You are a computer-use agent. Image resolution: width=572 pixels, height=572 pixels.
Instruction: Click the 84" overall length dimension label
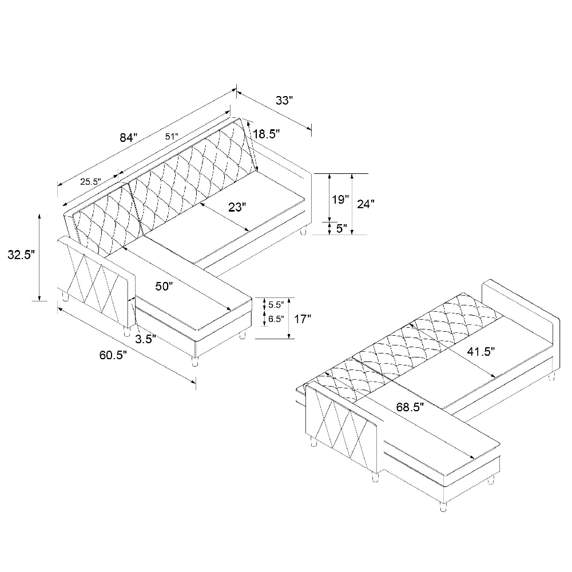pyautogui.click(x=129, y=138)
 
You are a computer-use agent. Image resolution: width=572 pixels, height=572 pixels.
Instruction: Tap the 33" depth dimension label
pyautogui.click(x=284, y=100)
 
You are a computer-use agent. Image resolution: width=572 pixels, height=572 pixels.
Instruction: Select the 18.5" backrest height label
pyautogui.click(x=267, y=134)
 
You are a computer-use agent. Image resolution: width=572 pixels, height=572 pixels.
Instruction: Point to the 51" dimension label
pyautogui.click(x=172, y=137)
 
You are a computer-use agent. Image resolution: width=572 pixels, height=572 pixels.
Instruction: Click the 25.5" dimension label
pyautogui.click(x=90, y=181)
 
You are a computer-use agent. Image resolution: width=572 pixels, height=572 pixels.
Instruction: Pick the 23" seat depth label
pyautogui.click(x=237, y=207)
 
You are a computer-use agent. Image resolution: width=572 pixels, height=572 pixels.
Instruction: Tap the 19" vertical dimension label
pyautogui.click(x=340, y=200)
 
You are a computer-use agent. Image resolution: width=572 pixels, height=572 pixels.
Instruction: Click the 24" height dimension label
pyautogui.click(x=366, y=204)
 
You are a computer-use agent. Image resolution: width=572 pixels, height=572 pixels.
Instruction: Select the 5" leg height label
pyautogui.click(x=341, y=229)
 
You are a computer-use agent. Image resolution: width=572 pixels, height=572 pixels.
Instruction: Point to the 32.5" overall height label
pyautogui.click(x=21, y=255)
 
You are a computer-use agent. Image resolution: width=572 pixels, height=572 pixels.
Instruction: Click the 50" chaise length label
pyautogui.click(x=164, y=287)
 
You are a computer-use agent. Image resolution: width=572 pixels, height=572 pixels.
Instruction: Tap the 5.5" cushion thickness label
pyautogui.click(x=276, y=305)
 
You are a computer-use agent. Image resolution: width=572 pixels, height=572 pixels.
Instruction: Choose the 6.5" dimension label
pyautogui.click(x=276, y=319)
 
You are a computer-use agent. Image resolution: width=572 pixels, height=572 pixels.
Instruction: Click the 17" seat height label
pyautogui.click(x=303, y=319)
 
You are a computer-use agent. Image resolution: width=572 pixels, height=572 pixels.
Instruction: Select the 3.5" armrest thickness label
pyautogui.click(x=145, y=339)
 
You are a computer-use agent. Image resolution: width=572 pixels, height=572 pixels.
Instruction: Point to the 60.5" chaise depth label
pyautogui.click(x=113, y=355)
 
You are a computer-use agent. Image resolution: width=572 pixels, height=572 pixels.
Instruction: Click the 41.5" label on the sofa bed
pyautogui.click(x=481, y=351)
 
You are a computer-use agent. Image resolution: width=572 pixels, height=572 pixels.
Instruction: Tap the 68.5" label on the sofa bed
pyautogui.click(x=410, y=407)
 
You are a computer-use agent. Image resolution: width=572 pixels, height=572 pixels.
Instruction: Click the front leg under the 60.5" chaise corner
pyautogui.click(x=195, y=361)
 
